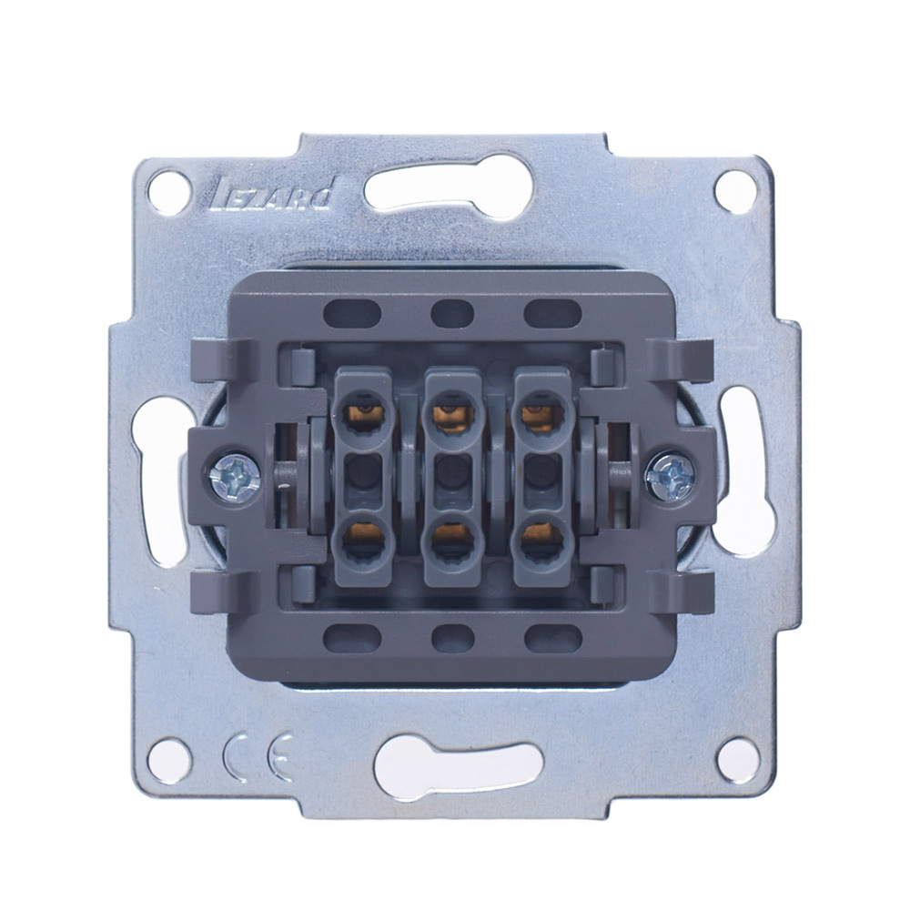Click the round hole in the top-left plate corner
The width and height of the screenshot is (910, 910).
coord(169,191)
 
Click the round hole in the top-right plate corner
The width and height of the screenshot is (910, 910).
coord(736,191)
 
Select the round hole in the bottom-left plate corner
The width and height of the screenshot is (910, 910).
coord(169,760)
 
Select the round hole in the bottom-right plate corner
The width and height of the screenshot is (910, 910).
coord(738,759)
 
